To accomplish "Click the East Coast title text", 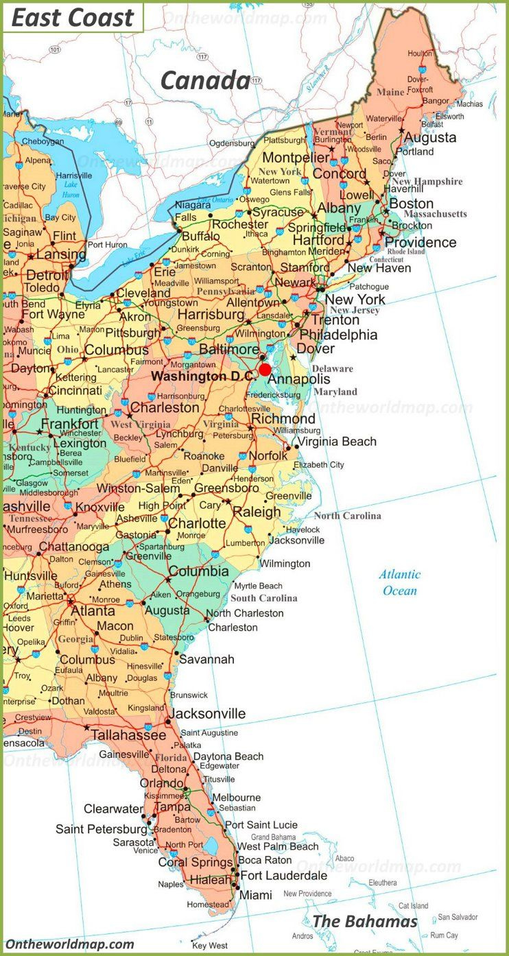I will (73, 18).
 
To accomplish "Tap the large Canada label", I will (205, 81).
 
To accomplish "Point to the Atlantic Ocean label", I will (400, 582).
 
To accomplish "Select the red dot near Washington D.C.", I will (265, 370).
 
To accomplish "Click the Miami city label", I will (255, 895).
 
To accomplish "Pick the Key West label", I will (209, 946).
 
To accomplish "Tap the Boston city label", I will (412, 204).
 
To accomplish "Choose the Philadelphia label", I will (339, 335).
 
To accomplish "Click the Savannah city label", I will (206, 659).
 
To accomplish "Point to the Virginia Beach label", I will (336, 442).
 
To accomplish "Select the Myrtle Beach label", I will (258, 586).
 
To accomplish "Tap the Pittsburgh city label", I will (132, 333).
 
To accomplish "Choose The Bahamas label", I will (365, 921).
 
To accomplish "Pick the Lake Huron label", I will (71, 189).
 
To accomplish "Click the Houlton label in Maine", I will (420, 53).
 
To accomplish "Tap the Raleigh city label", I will (257, 512).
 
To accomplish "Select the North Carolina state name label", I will (347, 516).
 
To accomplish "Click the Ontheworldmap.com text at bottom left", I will (70, 944).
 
